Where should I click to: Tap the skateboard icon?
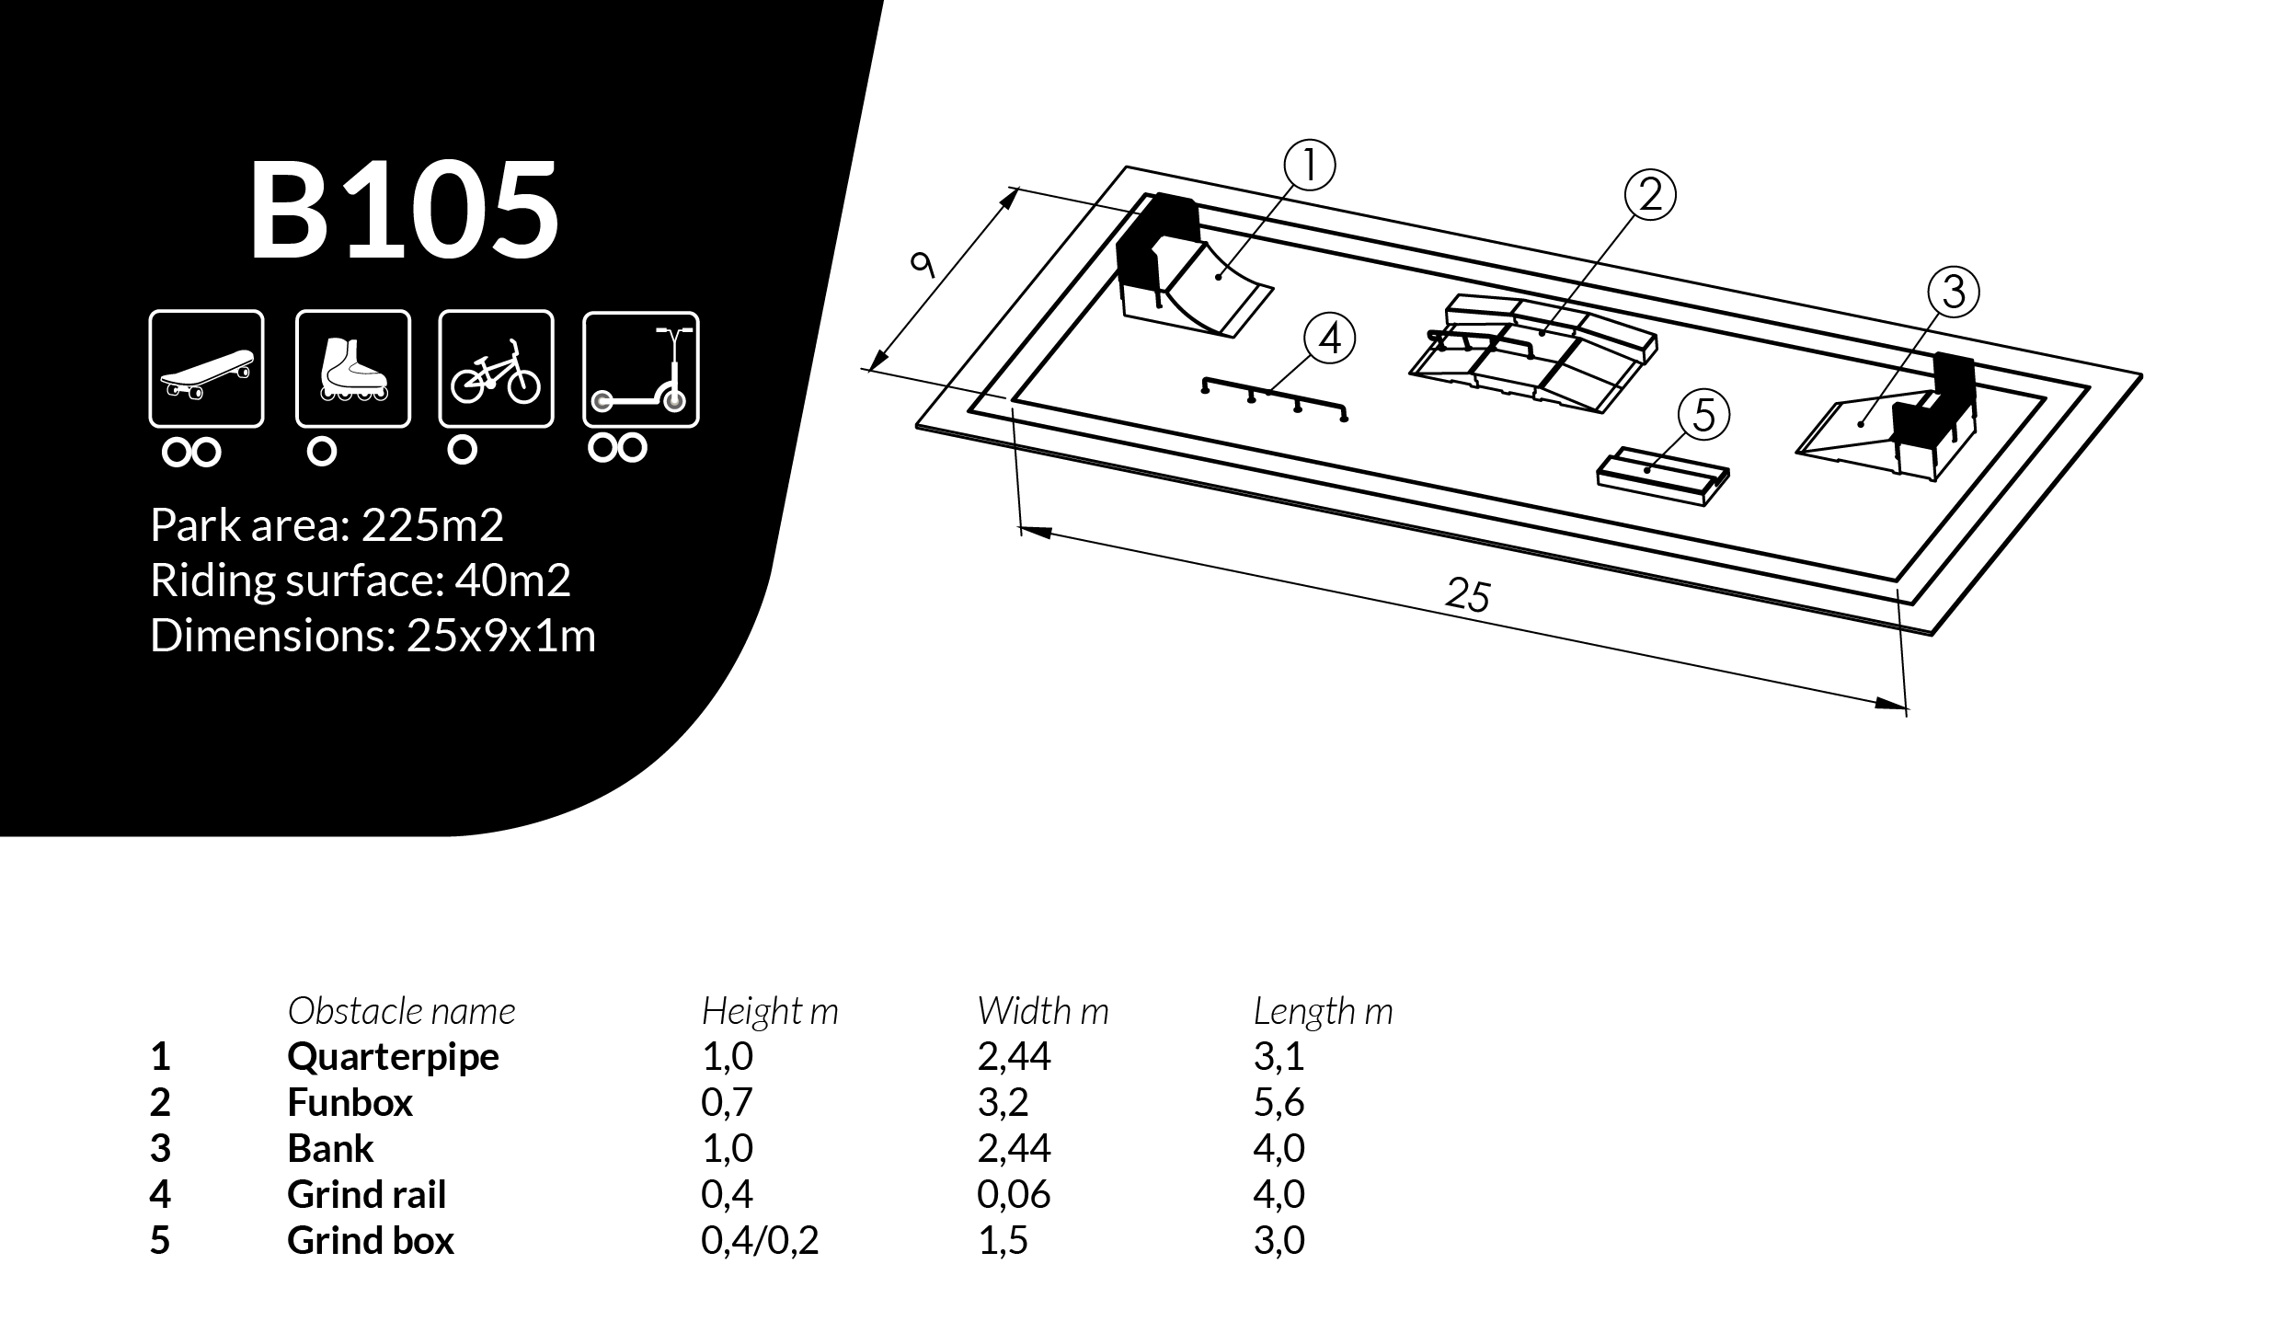point(206,369)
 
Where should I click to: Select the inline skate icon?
point(352,369)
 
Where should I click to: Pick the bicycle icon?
point(496,369)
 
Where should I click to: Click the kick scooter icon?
point(641,369)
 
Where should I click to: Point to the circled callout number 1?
point(1309,165)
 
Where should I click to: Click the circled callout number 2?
point(1650,195)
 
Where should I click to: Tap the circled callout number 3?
point(1954,292)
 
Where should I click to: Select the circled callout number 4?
point(1330,339)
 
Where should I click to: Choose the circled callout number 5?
point(1703,415)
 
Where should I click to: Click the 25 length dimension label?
point(1467,595)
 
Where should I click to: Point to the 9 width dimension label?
point(922,265)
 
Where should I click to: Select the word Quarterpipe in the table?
point(393,1056)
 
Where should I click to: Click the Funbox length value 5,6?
point(1279,1102)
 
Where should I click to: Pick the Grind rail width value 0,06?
point(1014,1194)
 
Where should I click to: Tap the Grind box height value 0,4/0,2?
point(759,1240)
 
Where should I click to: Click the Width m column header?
point(1042,1011)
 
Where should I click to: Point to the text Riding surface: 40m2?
point(360,580)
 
